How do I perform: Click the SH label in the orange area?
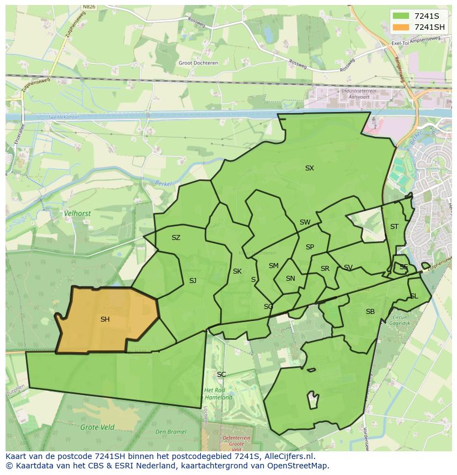pos(105,319)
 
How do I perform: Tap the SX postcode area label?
pos(310,168)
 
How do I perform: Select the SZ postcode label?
pos(176,238)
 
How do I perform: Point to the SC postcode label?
pos(221,375)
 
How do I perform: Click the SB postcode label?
pos(370,312)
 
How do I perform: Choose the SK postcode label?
pos(237,271)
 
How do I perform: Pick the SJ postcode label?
pos(193,281)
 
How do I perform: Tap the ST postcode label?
pos(394,227)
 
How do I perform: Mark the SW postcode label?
pos(305,222)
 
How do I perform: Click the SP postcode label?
pos(310,247)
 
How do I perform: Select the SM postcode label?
pos(274,266)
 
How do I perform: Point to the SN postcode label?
pos(290,279)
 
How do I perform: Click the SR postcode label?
pos(325,269)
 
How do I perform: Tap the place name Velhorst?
pos(77,213)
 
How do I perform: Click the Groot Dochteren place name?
pos(198,63)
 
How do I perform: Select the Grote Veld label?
pos(97,427)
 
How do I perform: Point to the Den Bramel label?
pos(170,432)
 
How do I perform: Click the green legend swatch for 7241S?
pos(401,15)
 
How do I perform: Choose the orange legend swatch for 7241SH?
pos(401,27)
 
